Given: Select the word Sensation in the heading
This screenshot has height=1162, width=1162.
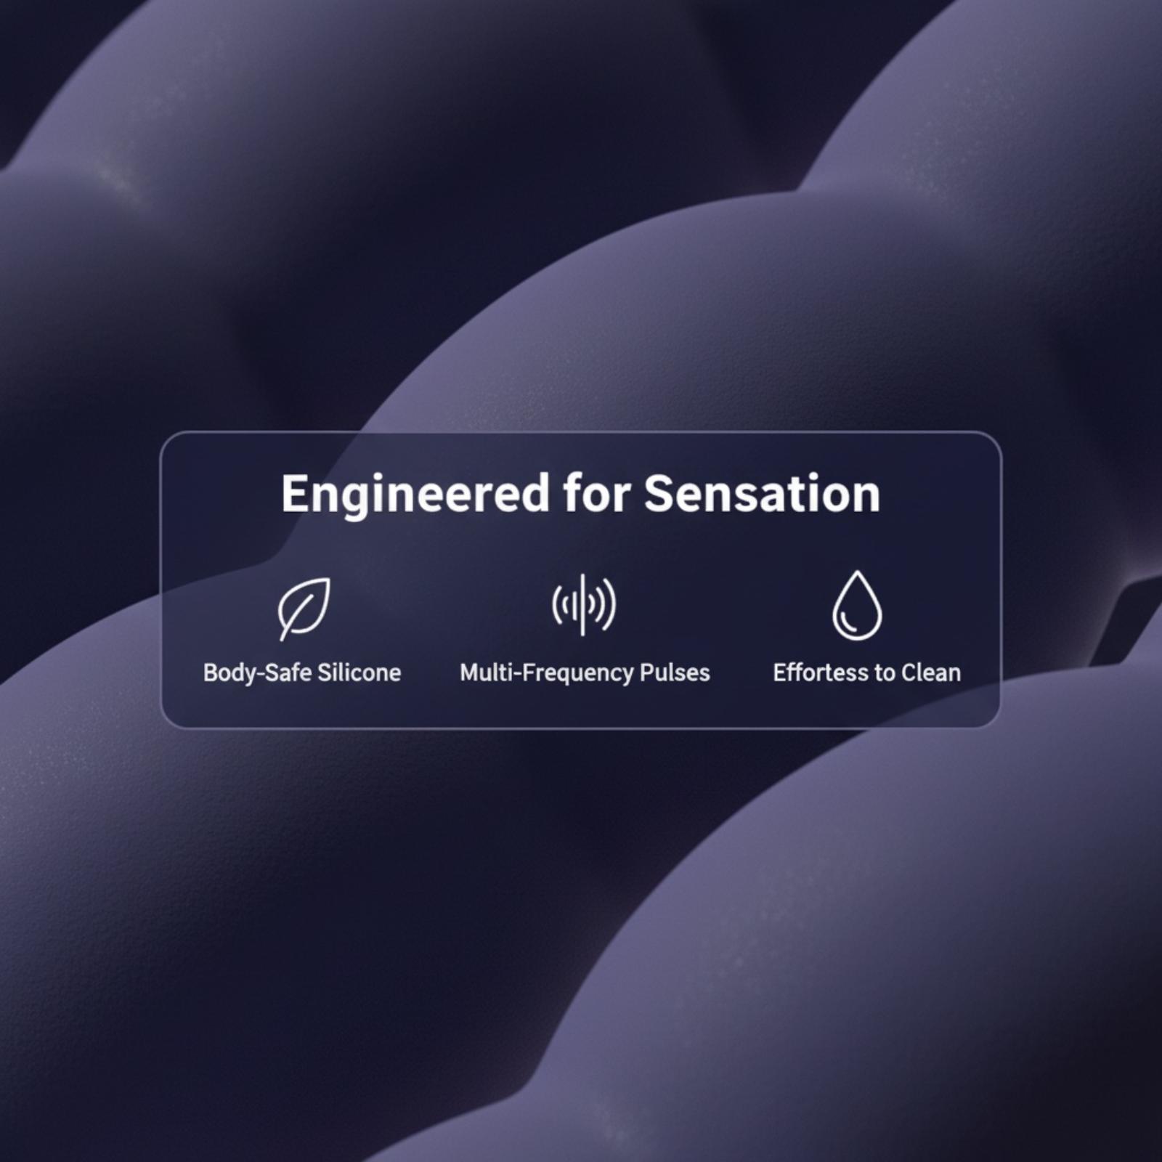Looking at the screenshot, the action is (762, 493).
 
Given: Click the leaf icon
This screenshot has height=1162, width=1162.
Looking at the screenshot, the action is (304, 609).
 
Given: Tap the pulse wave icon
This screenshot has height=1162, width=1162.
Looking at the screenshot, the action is (583, 604).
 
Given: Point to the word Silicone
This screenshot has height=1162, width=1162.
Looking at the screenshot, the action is (359, 673).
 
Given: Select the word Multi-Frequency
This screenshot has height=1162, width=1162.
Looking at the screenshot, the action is (546, 673).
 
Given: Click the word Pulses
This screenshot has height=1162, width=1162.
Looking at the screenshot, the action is (675, 673).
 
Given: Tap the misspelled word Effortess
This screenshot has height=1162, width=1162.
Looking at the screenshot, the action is (821, 673).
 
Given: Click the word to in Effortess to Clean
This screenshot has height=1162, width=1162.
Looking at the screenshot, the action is (885, 673).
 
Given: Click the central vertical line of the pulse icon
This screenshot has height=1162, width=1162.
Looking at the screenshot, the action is (583, 604).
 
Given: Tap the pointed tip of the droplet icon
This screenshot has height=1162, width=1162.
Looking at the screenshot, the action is (858, 572).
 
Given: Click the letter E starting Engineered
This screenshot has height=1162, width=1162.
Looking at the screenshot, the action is (294, 494).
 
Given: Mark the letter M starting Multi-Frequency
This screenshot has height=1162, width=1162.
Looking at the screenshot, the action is (471, 673).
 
